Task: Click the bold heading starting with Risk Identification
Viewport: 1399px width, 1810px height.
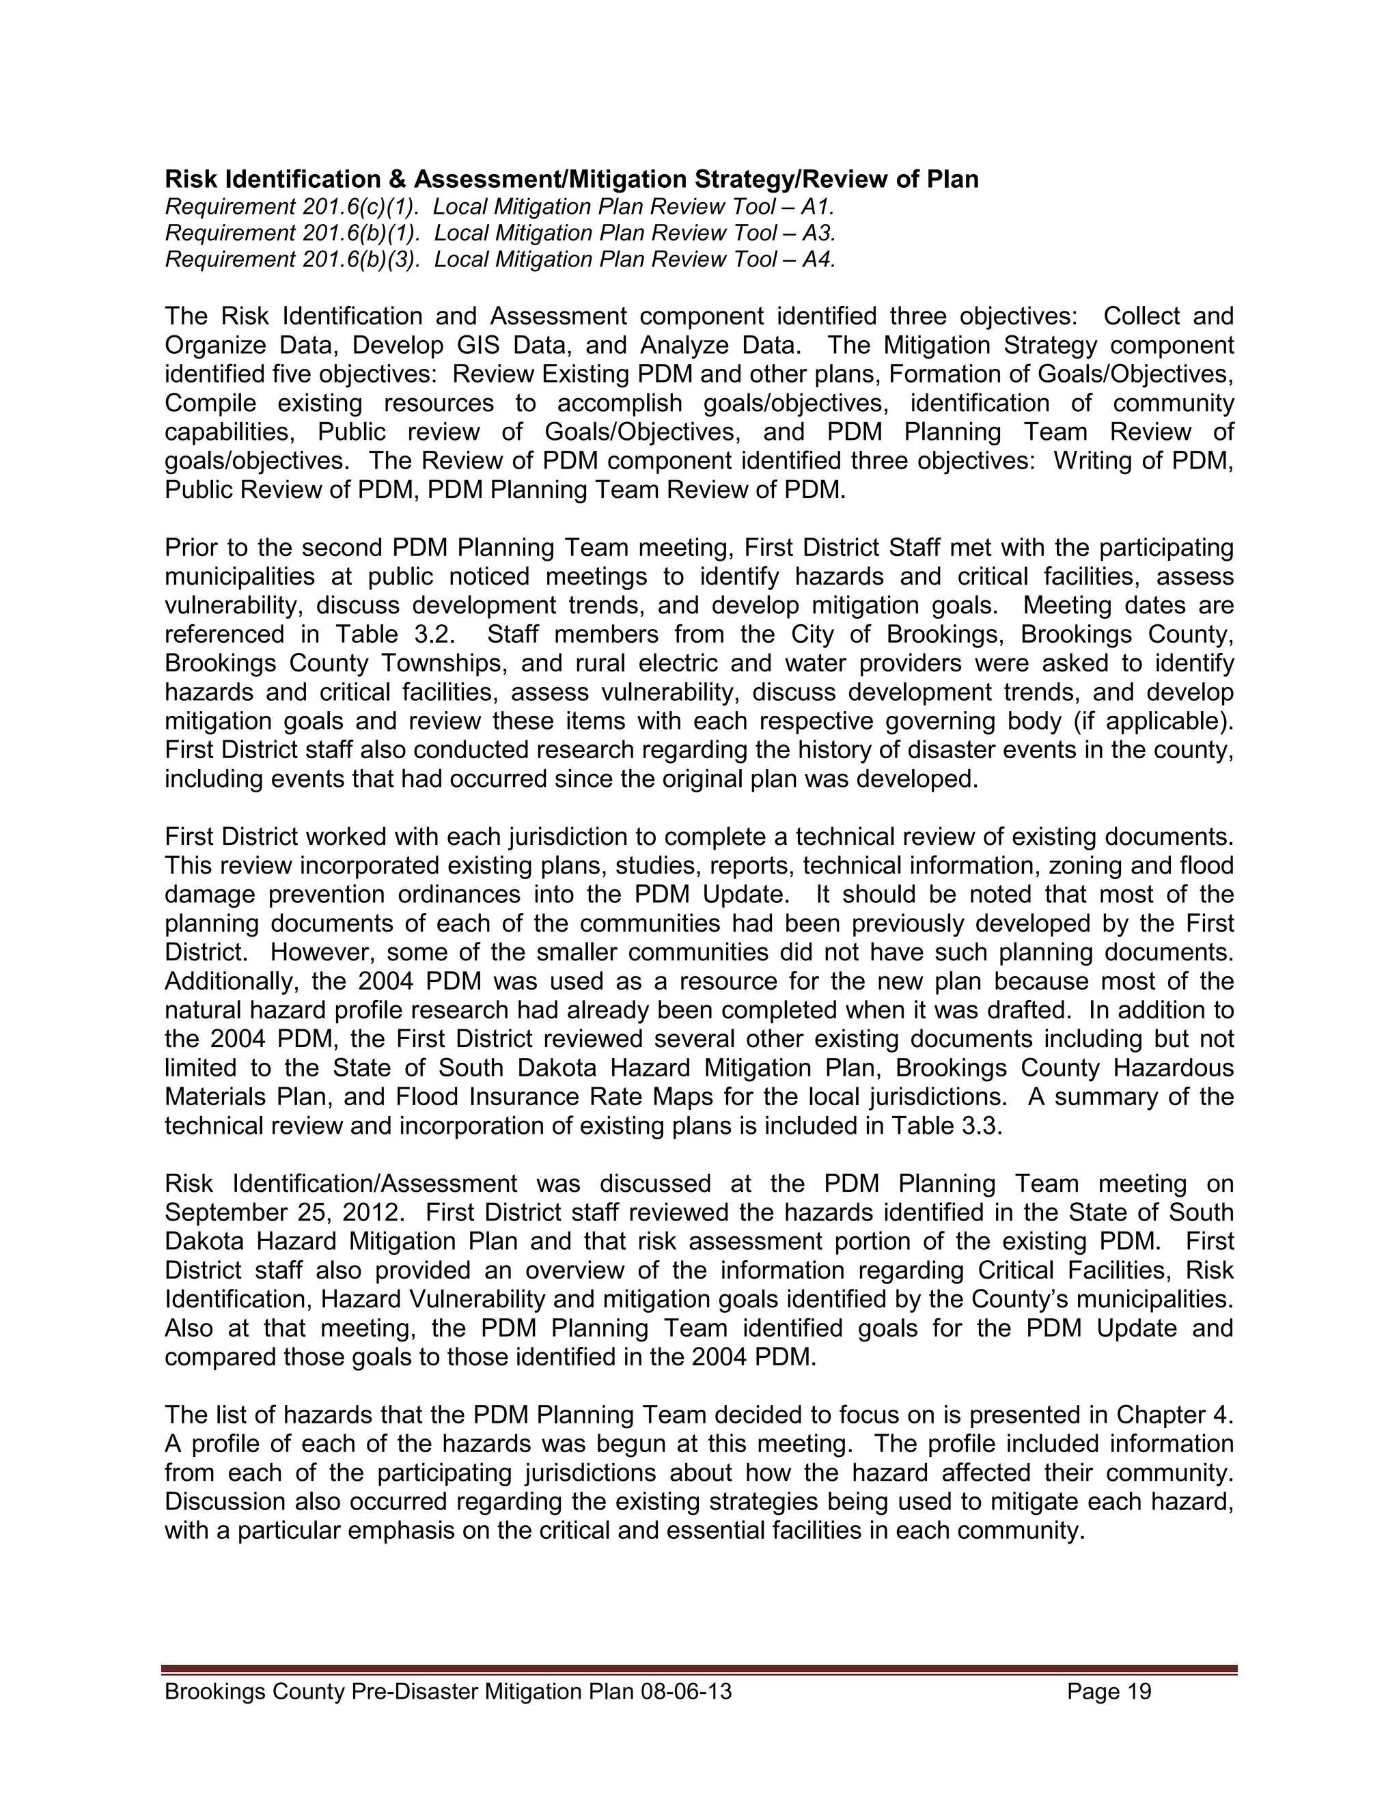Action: tap(571, 179)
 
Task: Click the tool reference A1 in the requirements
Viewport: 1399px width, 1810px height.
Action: tap(817, 206)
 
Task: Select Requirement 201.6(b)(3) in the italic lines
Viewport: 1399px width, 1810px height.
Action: tap(292, 260)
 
